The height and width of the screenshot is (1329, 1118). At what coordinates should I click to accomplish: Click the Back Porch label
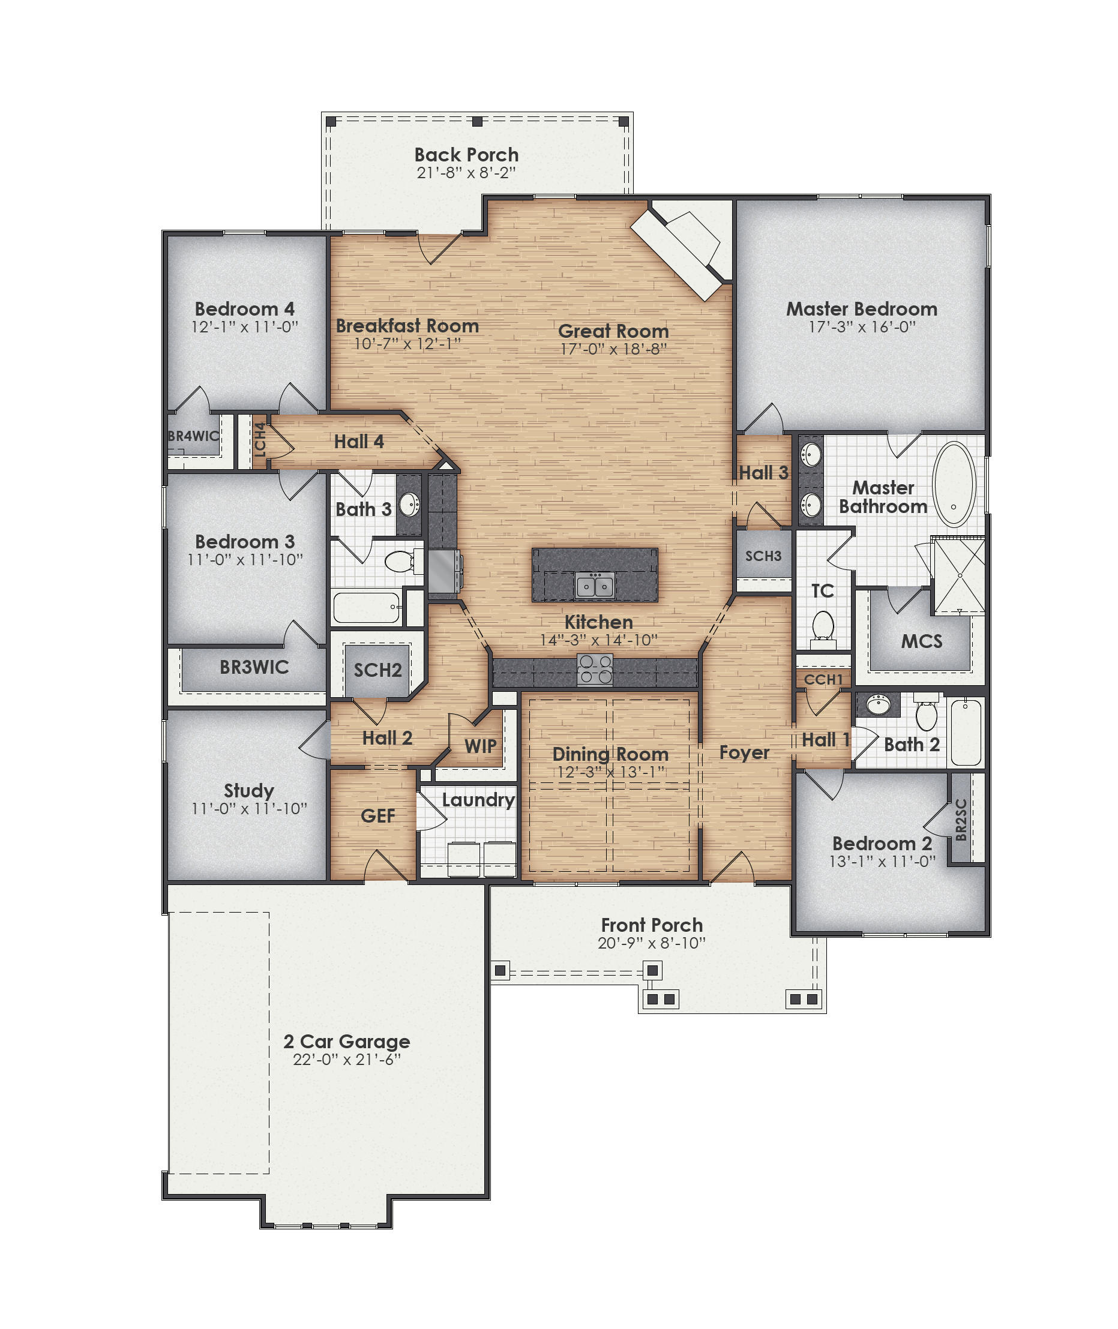click(466, 155)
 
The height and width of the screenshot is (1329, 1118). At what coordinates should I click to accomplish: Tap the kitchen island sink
click(595, 585)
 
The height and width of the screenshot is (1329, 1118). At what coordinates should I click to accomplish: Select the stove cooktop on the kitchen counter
click(595, 670)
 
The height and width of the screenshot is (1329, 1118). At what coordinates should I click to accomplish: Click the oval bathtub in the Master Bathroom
click(955, 484)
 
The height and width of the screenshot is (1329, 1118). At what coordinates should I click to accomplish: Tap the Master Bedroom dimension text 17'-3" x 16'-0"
click(861, 327)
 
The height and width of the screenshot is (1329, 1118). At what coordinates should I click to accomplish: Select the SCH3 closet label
click(763, 556)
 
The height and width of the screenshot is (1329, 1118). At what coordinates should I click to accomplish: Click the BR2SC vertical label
click(961, 820)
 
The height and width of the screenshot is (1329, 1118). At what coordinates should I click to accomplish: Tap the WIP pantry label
click(481, 746)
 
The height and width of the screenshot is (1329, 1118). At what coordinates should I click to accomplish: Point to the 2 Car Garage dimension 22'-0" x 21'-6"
click(346, 1060)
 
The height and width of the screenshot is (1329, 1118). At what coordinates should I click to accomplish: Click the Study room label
click(248, 790)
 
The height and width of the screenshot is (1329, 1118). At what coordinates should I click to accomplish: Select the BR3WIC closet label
click(254, 667)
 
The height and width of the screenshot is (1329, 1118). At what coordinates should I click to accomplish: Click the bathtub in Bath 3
click(366, 607)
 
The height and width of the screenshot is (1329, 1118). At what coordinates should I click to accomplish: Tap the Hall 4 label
click(359, 442)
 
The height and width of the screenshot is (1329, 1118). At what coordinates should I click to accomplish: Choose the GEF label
click(377, 815)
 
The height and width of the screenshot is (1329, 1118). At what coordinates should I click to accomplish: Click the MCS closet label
click(922, 641)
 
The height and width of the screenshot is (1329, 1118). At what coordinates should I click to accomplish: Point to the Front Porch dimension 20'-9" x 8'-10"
click(651, 943)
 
